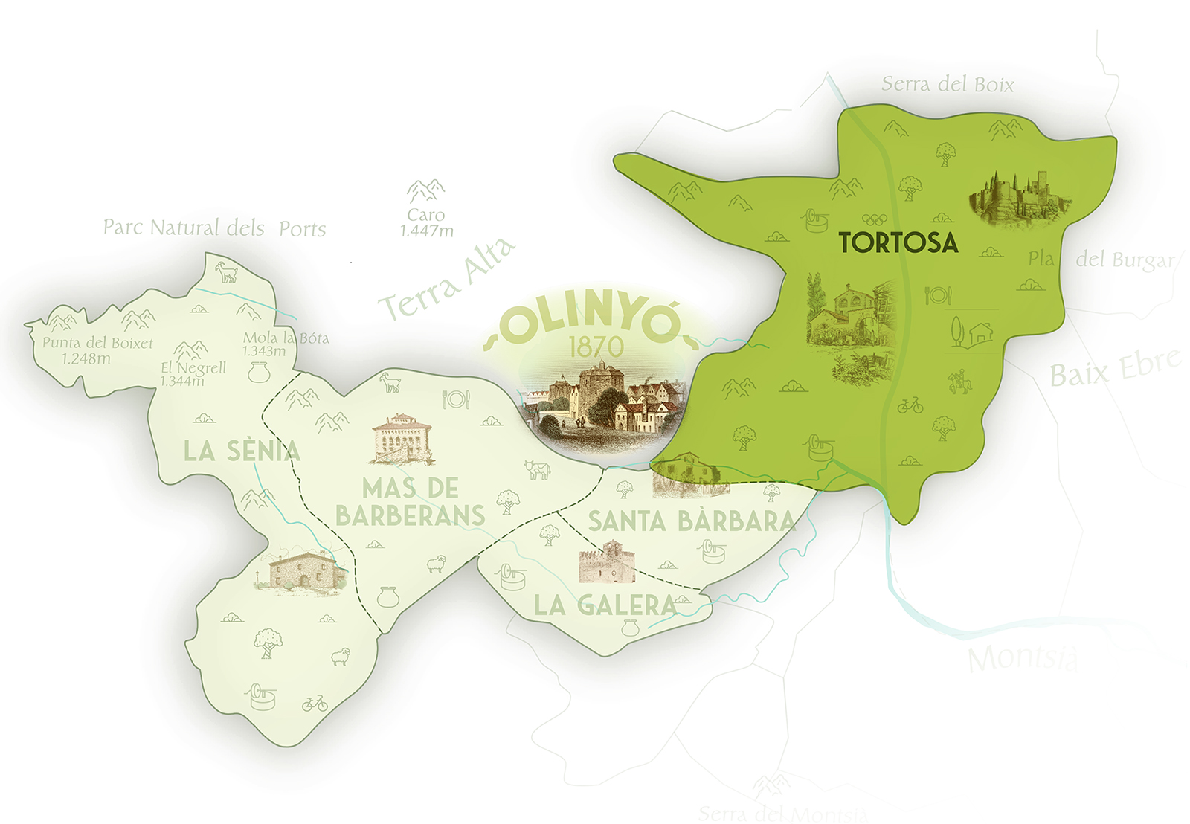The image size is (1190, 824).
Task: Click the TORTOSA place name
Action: [898, 242]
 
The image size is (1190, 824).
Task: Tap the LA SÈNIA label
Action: [242, 451]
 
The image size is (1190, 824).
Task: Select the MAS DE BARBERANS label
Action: [410, 502]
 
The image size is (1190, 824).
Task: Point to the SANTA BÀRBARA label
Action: [691, 521]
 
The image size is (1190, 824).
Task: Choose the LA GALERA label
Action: [605, 605]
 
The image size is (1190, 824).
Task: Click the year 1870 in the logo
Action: [596, 347]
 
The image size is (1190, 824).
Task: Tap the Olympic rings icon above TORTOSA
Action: [875, 219]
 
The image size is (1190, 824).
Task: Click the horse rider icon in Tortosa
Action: [959, 382]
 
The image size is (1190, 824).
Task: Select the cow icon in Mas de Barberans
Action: [537, 469]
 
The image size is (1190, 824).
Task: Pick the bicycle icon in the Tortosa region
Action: [910, 405]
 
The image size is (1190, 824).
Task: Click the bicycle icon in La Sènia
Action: [315, 703]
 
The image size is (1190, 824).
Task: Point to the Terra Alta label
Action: [446, 280]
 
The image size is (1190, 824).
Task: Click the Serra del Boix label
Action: [948, 85]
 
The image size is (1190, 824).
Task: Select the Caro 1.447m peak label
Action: [426, 222]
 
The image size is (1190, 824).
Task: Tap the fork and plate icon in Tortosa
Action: [938, 295]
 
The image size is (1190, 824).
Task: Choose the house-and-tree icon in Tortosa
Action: [971, 332]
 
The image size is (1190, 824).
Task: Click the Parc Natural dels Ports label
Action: [214, 228]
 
